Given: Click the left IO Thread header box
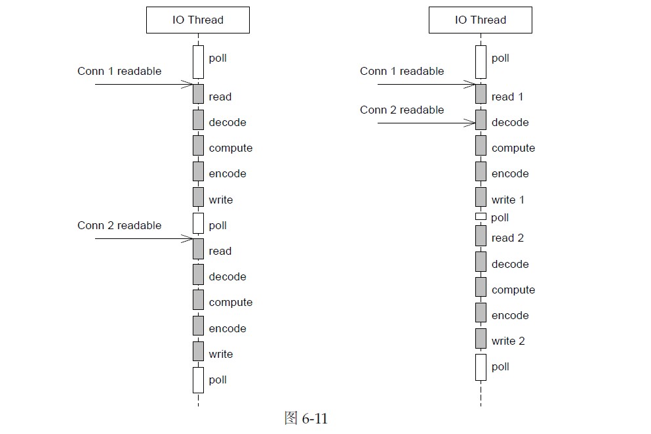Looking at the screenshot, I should click(x=197, y=20).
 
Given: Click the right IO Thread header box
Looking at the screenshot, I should click(x=480, y=20).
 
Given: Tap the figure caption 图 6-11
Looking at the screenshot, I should click(x=306, y=418).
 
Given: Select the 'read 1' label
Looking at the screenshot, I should click(x=507, y=97).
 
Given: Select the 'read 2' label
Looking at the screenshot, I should click(x=507, y=238).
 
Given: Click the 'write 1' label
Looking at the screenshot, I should click(x=508, y=200).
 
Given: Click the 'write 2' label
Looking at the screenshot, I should click(x=508, y=341).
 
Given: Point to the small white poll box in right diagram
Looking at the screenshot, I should click(x=481, y=217).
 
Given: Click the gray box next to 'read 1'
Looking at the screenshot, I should click(x=481, y=94).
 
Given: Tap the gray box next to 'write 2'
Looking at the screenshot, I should click(x=481, y=338).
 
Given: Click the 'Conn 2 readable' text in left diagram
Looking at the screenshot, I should click(x=119, y=225).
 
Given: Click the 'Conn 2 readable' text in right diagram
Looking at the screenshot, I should click(x=402, y=110).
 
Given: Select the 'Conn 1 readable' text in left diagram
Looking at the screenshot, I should click(x=119, y=71).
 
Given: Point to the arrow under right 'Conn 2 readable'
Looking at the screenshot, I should click(x=426, y=123).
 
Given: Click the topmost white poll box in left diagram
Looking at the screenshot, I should click(x=198, y=61).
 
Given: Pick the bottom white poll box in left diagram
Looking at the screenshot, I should click(x=198, y=380).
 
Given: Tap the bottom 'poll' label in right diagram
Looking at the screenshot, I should click(x=500, y=367).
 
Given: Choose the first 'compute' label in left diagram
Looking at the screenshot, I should click(x=231, y=148).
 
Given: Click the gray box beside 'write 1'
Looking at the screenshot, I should click(x=481, y=197).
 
